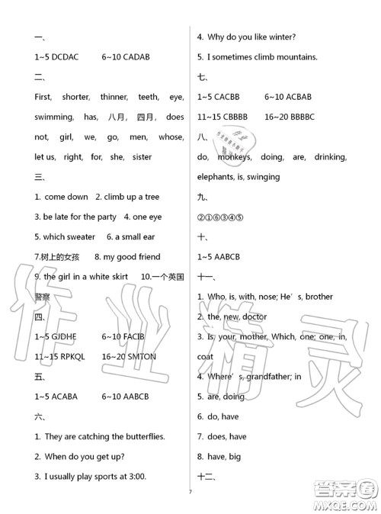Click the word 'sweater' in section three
coord(80,237)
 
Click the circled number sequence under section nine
coord(222,217)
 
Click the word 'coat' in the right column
coord(206,356)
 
